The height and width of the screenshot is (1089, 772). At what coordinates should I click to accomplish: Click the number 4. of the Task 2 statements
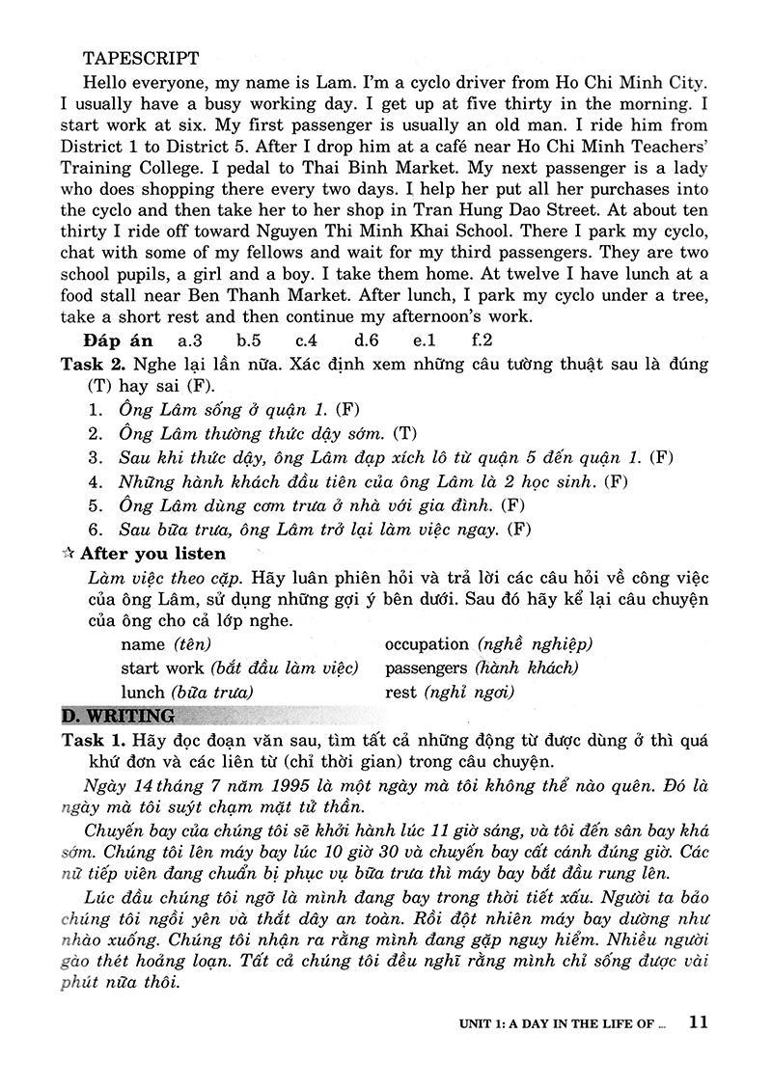[96, 480]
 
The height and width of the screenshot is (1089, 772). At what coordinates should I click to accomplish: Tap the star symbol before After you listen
[68, 554]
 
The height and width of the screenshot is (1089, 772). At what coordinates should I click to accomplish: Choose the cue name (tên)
[166, 643]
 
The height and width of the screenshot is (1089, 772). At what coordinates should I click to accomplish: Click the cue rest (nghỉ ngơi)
[450, 692]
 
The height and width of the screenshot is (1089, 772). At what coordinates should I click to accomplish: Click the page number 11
[700, 1022]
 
